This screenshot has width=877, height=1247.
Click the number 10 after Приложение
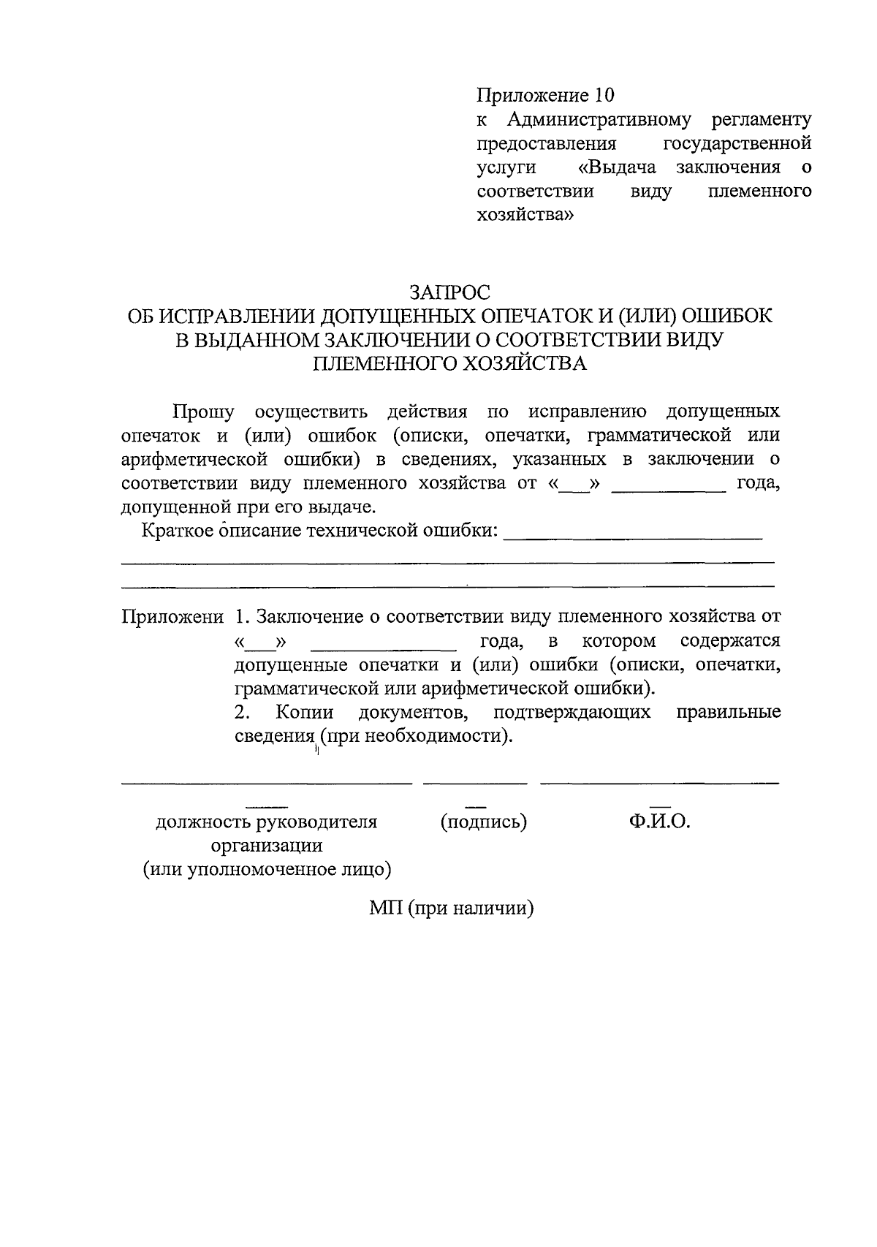click(604, 96)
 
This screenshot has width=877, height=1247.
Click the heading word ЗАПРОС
click(449, 292)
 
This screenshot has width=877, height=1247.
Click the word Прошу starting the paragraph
click(203, 411)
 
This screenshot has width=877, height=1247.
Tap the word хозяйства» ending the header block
click(525, 215)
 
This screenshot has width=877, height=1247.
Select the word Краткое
click(175, 530)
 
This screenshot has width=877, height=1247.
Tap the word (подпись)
click(483, 822)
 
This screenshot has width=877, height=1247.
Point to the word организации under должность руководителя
click(267, 846)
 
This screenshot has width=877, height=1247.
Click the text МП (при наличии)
click(451, 909)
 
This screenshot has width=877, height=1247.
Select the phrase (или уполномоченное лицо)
click(267, 870)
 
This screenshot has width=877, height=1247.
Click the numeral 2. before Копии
click(243, 712)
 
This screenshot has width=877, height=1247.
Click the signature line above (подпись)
click(475, 784)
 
